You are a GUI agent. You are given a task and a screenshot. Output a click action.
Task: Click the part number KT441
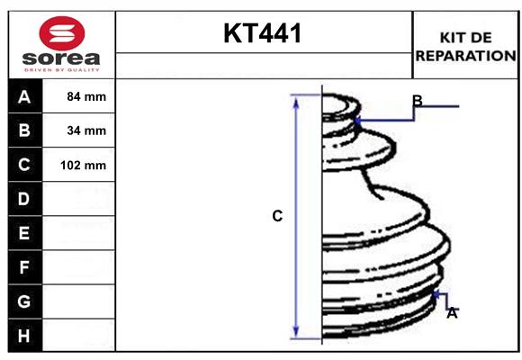tap(263, 34)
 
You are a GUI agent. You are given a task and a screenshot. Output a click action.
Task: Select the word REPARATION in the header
tap(465, 56)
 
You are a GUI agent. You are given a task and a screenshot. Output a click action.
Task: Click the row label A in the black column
tap(24, 96)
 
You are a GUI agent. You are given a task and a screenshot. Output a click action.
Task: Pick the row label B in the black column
tap(24, 130)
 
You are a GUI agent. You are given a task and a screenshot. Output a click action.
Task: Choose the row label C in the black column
tap(24, 165)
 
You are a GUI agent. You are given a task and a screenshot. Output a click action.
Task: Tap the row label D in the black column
tap(24, 198)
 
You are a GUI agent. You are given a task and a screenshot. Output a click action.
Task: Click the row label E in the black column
tap(24, 233)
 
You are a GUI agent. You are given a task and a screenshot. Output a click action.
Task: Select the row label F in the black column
tap(24, 267)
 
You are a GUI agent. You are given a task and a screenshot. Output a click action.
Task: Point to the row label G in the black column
tap(24, 301)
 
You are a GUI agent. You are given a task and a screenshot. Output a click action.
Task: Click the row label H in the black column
tap(24, 335)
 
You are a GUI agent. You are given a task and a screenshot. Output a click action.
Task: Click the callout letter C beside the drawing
tap(277, 216)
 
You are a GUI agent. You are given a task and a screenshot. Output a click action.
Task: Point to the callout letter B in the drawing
tap(417, 100)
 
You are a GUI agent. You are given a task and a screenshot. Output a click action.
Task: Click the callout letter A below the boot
tap(452, 313)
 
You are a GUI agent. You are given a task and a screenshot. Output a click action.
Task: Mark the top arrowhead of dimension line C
tap(295, 98)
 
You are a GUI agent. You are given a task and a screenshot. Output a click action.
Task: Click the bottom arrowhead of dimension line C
tap(295, 334)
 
